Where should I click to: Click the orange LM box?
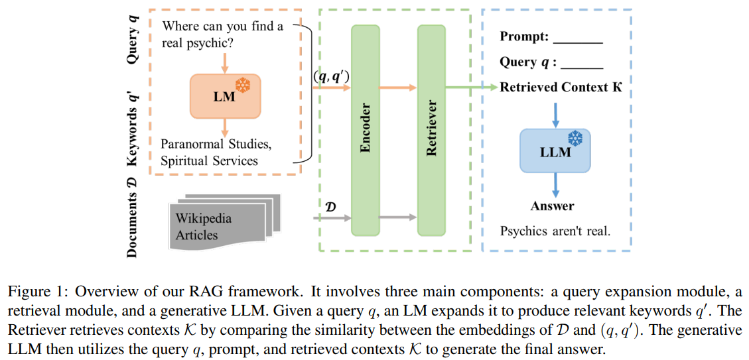[x=225, y=95]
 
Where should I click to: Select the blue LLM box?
[x=555, y=151]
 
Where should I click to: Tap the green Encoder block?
[x=365, y=129]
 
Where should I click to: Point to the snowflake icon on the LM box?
[x=245, y=85]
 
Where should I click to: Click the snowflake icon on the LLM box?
[x=575, y=139]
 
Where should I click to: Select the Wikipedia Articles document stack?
[x=220, y=217]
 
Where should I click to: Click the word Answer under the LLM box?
[x=552, y=206]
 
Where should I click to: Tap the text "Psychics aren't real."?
[x=555, y=231]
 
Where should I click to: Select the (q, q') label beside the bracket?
[x=331, y=77]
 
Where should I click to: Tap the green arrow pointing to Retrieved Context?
[x=471, y=88]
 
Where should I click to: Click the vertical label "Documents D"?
[x=133, y=216]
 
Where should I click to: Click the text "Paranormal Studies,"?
[x=216, y=144]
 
